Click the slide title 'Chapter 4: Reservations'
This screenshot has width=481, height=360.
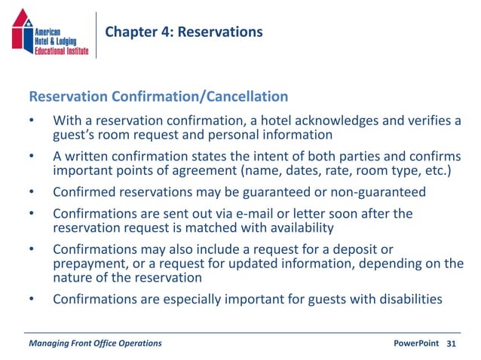tap(184, 32)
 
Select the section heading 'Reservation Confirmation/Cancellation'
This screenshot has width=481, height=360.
tap(158, 96)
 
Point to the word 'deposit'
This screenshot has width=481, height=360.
tap(354, 249)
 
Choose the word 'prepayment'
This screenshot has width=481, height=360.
tap(88, 263)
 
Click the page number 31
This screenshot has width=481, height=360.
tap(452, 343)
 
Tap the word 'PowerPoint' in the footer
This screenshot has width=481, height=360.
tap(416, 343)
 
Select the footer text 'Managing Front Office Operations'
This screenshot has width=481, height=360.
tap(94, 343)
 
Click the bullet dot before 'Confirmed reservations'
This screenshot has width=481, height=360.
tap(32, 192)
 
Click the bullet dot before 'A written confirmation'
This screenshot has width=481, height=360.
tap(32, 157)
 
